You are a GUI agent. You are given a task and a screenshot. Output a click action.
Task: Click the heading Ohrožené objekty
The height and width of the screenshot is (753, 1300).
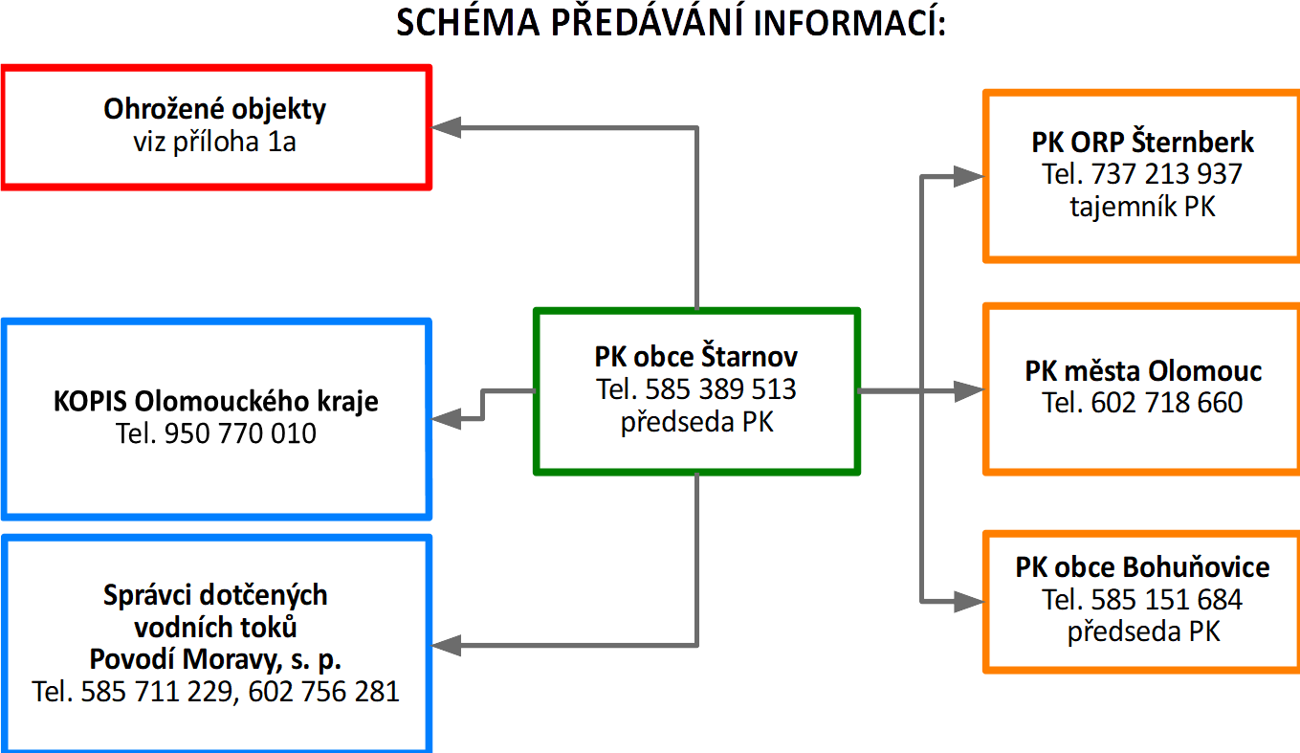(x=215, y=109)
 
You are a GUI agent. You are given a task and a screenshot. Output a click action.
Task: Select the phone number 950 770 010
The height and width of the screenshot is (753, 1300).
(x=240, y=434)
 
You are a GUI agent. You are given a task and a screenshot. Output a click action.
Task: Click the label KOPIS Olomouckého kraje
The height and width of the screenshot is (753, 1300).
(x=215, y=401)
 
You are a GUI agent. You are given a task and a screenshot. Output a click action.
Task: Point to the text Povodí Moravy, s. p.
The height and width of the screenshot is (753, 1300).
(x=215, y=660)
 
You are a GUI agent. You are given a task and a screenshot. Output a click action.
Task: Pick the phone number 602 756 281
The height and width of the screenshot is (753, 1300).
(x=323, y=692)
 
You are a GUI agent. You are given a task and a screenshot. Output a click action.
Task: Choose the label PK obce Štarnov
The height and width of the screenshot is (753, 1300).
(x=696, y=358)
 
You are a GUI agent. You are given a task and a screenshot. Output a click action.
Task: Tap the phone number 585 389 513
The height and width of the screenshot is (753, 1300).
(x=721, y=390)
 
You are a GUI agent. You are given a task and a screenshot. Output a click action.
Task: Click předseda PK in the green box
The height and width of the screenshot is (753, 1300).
(x=696, y=422)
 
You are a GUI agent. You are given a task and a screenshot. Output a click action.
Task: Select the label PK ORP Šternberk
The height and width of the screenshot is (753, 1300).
(x=1143, y=143)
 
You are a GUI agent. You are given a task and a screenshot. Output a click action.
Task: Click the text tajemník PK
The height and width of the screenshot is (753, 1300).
(x=1143, y=206)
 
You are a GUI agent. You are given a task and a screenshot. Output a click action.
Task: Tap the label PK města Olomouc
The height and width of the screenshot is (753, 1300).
(x=1143, y=370)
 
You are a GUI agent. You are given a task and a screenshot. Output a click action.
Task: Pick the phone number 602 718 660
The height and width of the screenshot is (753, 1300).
(x=1167, y=403)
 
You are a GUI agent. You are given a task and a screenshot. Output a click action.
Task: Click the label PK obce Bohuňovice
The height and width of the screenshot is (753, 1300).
(x=1143, y=567)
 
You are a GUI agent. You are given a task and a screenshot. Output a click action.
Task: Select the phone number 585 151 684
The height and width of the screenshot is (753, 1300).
(x=1167, y=600)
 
